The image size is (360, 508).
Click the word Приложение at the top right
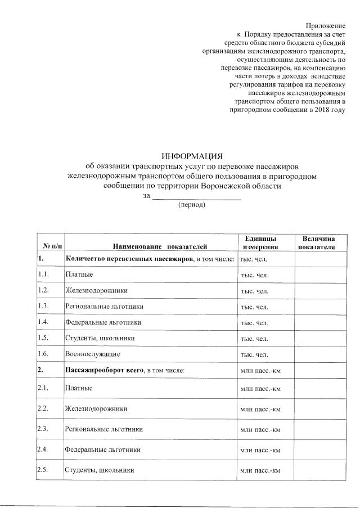tap(325, 26)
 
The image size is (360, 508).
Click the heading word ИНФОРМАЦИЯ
tap(192, 156)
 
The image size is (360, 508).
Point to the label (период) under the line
tap(192, 205)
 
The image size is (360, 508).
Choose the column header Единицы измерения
tap(260, 243)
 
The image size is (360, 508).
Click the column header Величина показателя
tap(318, 243)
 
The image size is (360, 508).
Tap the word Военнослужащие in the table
tap(92, 354)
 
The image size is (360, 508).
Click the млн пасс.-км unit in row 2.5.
tap(260, 470)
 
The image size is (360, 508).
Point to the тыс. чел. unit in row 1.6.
tap(254, 355)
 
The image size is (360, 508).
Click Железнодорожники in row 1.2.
tap(96, 291)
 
